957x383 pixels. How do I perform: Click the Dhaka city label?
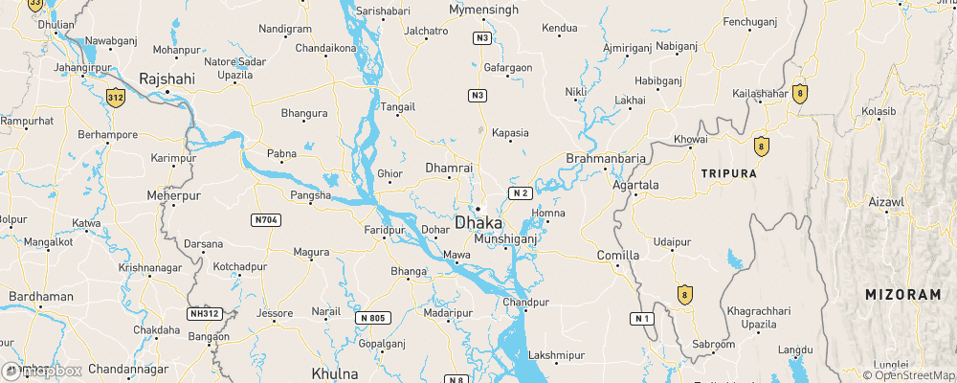tap(491, 223)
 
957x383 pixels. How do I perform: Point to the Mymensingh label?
tap(484, 10)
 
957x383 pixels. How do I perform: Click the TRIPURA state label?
tap(729, 173)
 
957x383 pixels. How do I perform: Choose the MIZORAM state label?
tap(902, 295)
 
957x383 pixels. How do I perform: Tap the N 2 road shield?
tap(520, 192)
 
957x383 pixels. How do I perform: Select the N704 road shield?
tap(267, 220)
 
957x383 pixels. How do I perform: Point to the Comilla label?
tap(617, 257)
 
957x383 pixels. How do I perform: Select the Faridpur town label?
tap(387, 231)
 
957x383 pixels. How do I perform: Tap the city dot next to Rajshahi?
tap(167, 92)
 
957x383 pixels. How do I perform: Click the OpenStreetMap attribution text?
tap(910, 375)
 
